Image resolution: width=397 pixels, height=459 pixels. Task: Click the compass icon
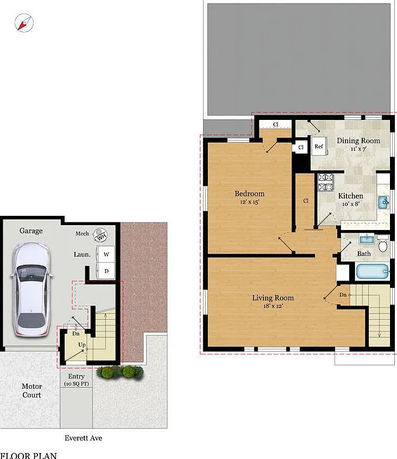click(x=24, y=23)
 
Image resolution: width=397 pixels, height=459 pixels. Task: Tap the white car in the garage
click(x=31, y=289)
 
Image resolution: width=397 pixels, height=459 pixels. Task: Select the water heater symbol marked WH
click(x=100, y=235)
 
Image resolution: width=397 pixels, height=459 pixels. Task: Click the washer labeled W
click(x=106, y=254)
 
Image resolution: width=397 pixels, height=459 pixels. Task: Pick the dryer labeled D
click(x=106, y=271)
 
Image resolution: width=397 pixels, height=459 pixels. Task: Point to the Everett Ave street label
click(x=84, y=438)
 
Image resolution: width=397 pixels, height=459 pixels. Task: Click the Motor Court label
click(x=31, y=391)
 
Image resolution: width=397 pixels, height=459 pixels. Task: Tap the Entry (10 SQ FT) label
click(x=76, y=380)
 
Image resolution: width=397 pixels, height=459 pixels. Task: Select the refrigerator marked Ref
click(x=319, y=146)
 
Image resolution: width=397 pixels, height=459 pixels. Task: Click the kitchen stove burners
click(x=325, y=182)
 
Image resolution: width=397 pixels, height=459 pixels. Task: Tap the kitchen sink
click(x=383, y=202)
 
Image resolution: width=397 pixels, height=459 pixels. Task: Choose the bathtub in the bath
click(x=373, y=272)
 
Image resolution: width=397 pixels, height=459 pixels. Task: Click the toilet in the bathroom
click(x=383, y=243)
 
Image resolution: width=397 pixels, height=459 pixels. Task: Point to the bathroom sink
click(x=367, y=239)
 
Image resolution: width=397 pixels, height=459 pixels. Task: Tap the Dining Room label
click(x=358, y=141)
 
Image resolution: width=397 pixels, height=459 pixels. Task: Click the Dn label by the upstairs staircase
click(x=343, y=295)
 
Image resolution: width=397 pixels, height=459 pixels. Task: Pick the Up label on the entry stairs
click(x=82, y=345)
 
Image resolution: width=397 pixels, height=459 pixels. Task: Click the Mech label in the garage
click(x=82, y=234)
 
